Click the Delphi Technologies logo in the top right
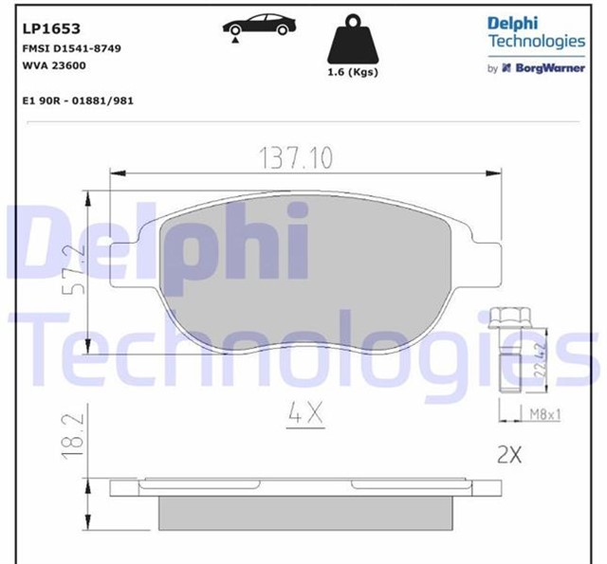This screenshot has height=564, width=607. pos(535,32)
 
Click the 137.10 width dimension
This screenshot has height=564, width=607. pos(296,158)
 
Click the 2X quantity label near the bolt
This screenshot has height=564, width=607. pos(509,455)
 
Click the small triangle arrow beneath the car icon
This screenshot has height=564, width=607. pos(232,37)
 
